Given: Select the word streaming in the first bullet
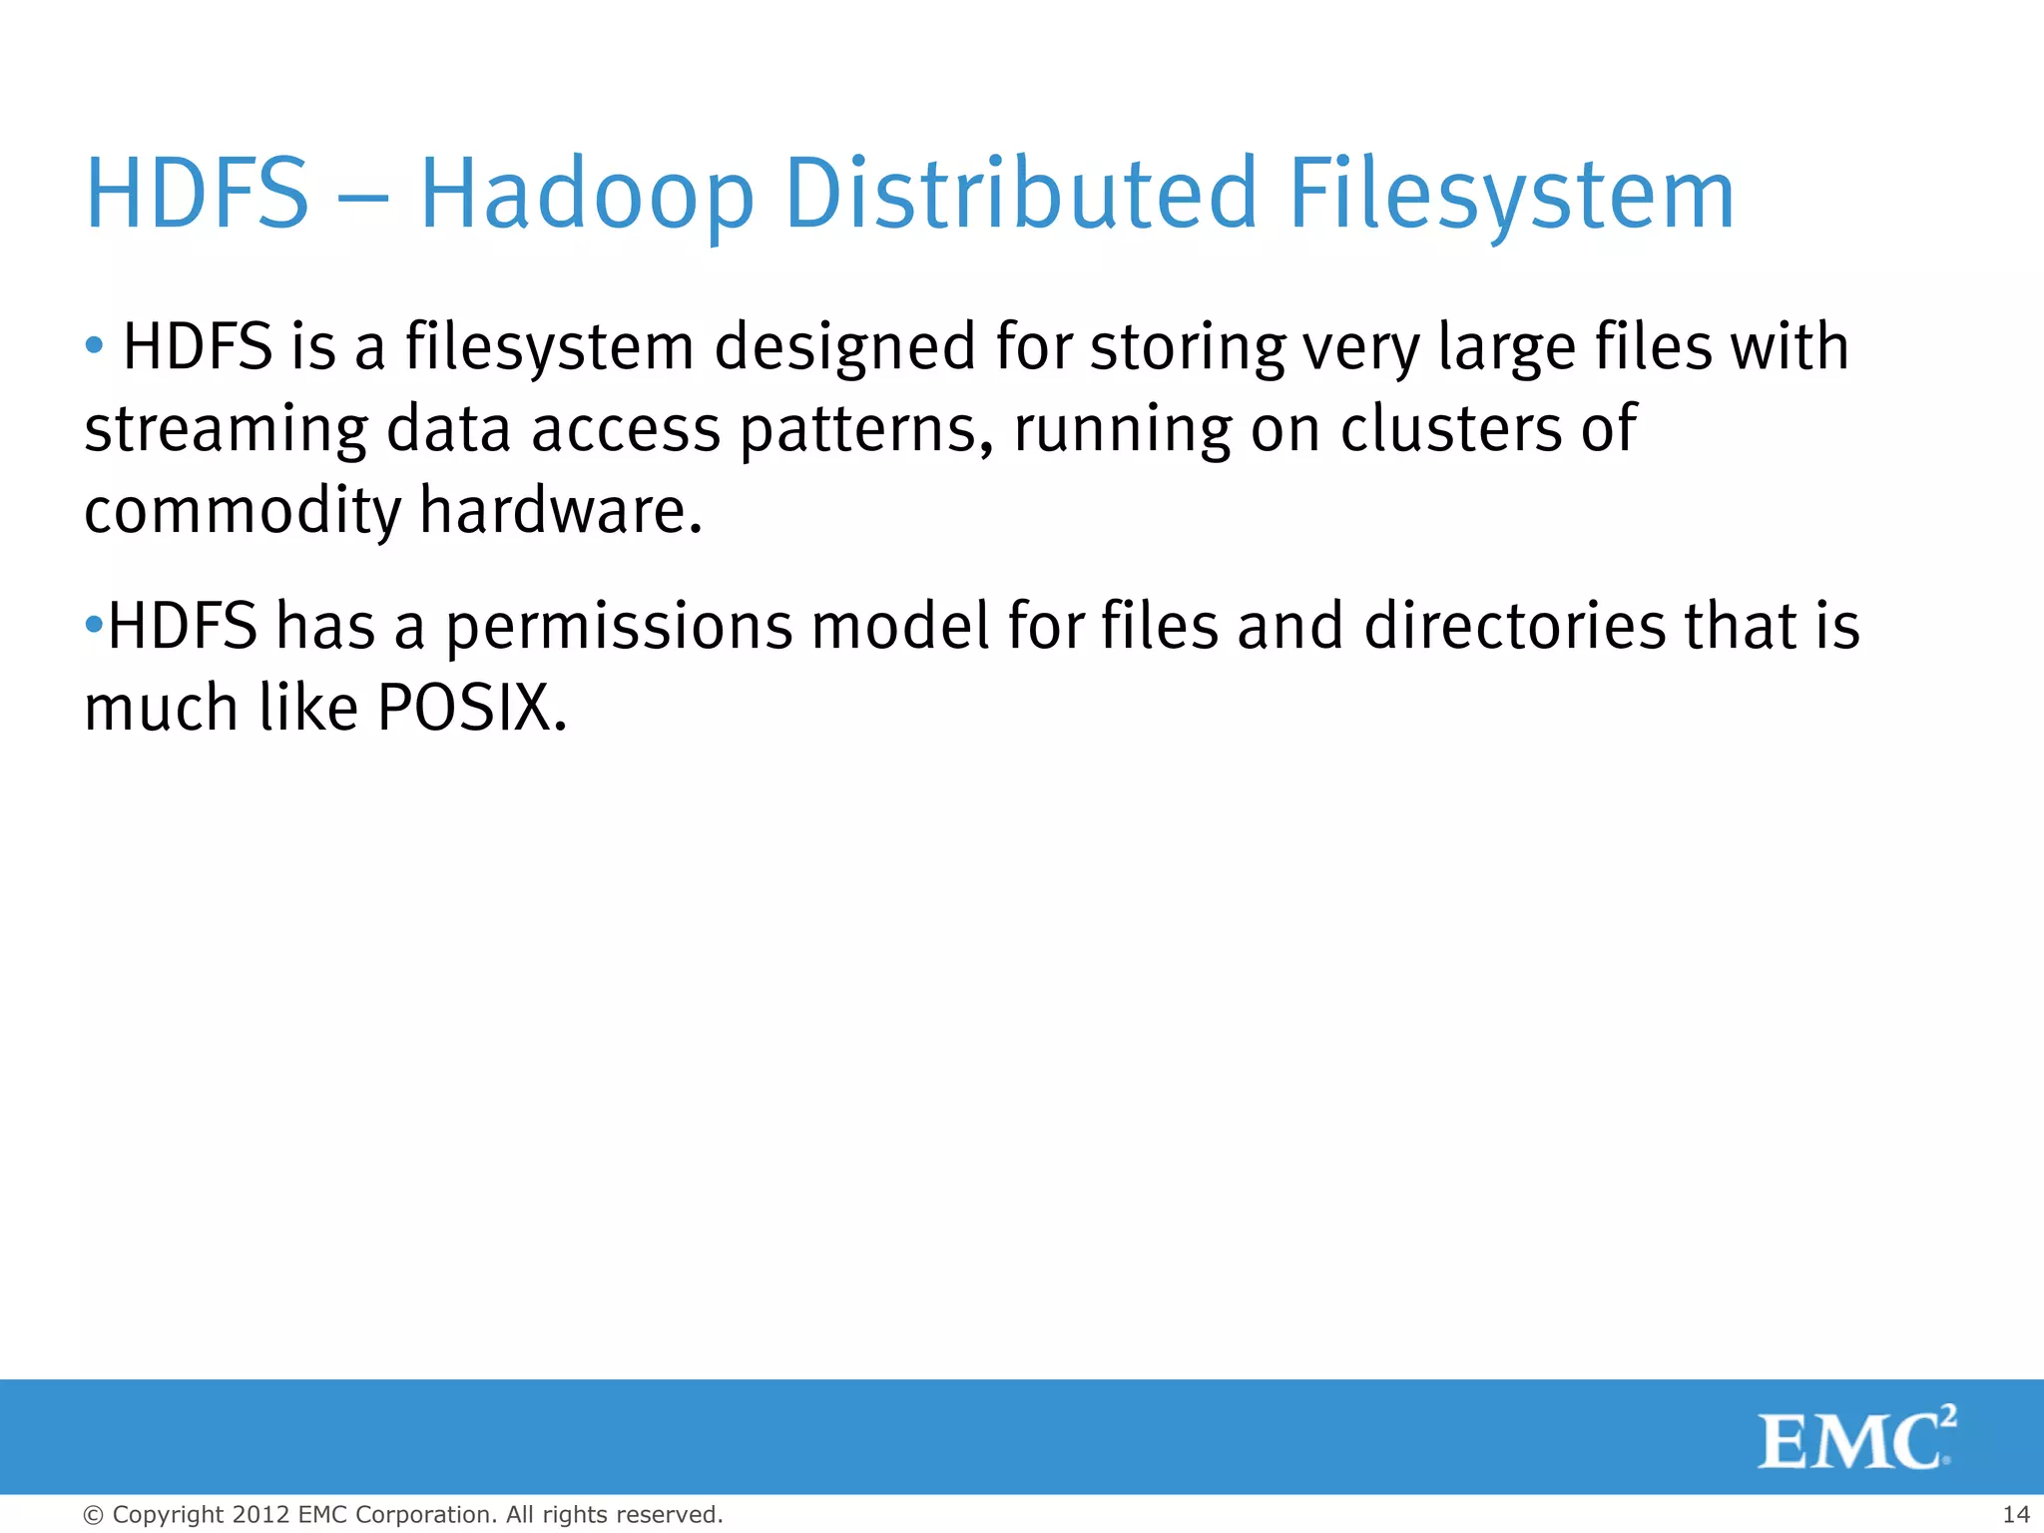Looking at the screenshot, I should (x=226, y=430).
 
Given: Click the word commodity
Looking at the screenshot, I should (x=242, y=511).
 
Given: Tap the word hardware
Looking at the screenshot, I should (x=561, y=511).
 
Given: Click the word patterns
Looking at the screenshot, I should (x=865, y=430).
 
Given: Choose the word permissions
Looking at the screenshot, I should (x=619, y=628).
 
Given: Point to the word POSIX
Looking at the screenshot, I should (x=472, y=709).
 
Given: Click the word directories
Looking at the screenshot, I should (x=1514, y=627).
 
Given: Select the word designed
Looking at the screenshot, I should (x=845, y=348).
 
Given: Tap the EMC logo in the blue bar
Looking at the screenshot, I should (x=1856, y=1438).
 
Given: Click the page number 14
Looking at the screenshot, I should (x=2015, y=1514).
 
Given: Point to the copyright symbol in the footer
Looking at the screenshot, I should (x=93, y=1515).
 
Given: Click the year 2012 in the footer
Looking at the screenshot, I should (x=260, y=1514).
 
